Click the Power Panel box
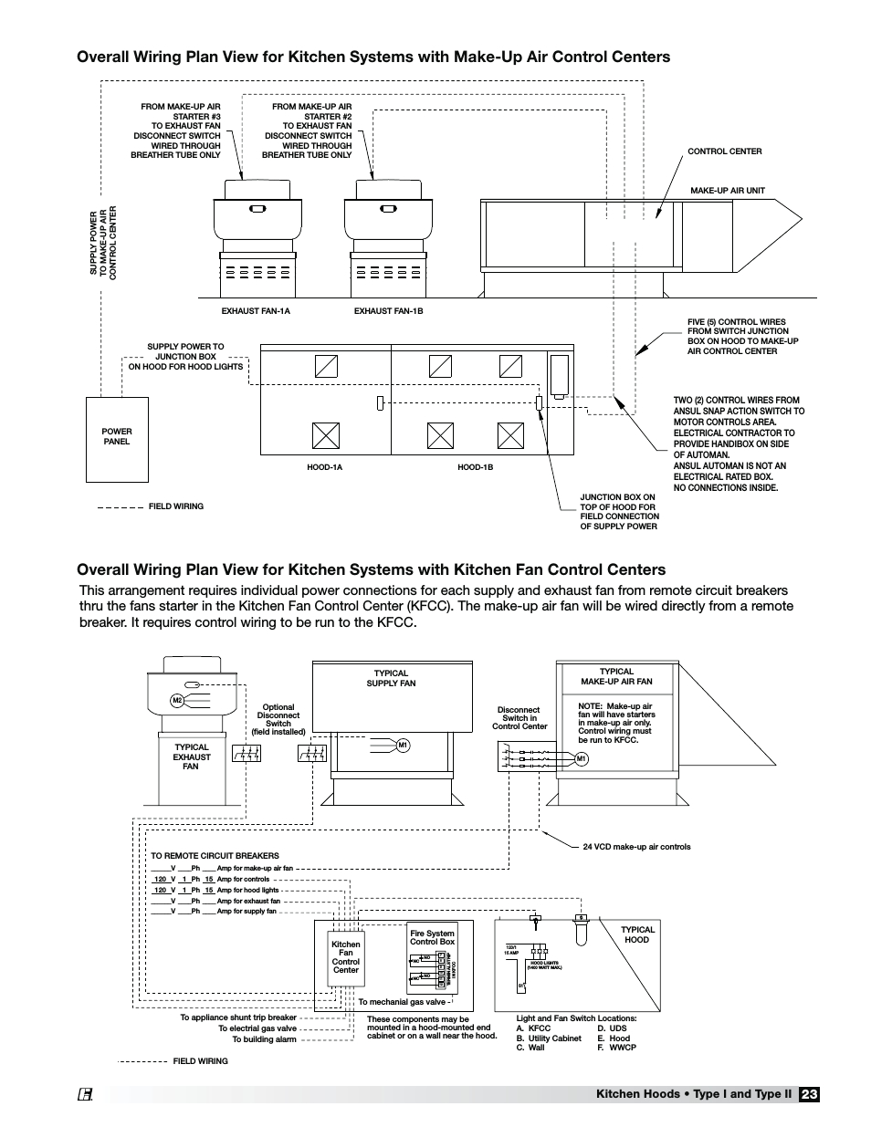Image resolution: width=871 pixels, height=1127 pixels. tap(117, 439)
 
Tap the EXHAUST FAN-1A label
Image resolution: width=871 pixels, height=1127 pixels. tap(256, 311)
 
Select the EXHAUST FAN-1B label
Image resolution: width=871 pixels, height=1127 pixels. tap(388, 311)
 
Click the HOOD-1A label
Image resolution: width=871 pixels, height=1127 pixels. tap(324, 467)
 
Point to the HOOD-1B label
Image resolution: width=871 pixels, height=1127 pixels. tap(475, 467)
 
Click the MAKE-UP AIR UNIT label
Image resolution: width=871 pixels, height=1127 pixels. tap(727, 191)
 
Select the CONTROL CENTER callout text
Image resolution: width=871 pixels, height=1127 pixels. tap(724, 151)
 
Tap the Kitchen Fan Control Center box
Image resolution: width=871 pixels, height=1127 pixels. tap(345, 956)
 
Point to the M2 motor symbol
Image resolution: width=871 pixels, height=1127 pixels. tap(178, 701)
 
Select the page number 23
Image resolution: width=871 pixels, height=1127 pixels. tap(809, 1094)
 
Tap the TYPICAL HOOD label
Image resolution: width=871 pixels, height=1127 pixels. tap(637, 934)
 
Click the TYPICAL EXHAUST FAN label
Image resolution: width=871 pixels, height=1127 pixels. tap(192, 757)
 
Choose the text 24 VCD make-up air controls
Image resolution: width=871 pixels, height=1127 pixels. tap(636, 847)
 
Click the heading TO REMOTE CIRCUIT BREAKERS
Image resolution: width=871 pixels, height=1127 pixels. tap(215, 856)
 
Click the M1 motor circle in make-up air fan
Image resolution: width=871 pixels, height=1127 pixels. tap(581, 758)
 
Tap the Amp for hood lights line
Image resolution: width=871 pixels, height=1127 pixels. tap(247, 890)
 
